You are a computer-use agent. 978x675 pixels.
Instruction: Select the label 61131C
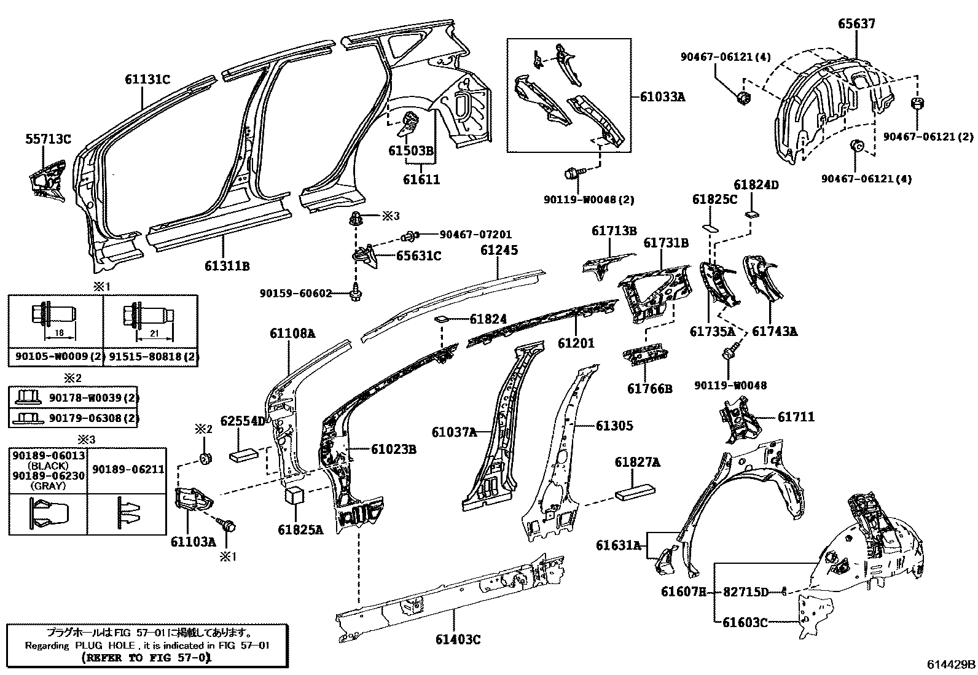[147, 79]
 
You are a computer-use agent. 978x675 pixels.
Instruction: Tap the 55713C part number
[48, 139]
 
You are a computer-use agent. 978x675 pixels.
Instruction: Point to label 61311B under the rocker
[227, 266]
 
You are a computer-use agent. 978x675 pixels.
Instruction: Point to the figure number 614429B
[952, 664]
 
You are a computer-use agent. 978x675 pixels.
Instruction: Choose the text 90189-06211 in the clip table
[128, 469]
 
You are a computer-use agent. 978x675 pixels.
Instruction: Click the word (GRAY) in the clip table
[47, 486]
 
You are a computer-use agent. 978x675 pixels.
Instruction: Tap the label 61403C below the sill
[458, 639]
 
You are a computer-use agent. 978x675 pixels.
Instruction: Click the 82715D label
[745, 592]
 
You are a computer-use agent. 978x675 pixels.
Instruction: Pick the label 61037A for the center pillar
[454, 432]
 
